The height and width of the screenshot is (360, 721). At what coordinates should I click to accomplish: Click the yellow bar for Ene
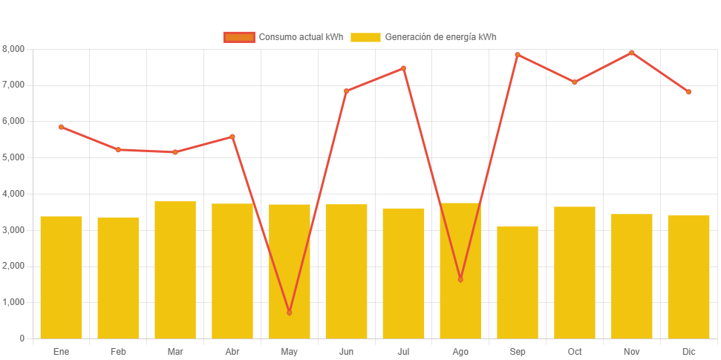pos(61,277)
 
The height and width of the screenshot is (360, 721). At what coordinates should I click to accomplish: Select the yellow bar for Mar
pos(175,269)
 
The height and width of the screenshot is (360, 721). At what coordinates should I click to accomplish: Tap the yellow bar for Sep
pos(518,282)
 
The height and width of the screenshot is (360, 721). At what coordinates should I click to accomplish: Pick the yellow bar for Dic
pos(688,276)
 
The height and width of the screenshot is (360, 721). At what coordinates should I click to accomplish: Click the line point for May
pos(289,312)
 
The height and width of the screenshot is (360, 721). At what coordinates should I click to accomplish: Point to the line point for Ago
pos(460,279)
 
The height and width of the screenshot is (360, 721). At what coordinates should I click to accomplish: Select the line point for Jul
pos(403,68)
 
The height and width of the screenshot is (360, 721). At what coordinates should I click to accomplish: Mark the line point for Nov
pos(632,53)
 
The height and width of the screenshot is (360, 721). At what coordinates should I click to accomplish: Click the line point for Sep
pos(518,55)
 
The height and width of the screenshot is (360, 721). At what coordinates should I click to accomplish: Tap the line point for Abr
pos(232,137)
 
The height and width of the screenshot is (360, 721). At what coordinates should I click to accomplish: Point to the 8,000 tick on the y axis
pos(13,48)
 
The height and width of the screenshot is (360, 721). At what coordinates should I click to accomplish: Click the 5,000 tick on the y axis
pos(13,157)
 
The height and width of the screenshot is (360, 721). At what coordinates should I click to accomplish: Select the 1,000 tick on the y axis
pos(13,302)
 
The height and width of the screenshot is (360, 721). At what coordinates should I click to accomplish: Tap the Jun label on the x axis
pos(346,351)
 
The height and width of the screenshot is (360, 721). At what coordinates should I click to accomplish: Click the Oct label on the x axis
pos(575,351)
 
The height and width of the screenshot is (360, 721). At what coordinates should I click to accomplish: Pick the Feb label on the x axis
pos(118,351)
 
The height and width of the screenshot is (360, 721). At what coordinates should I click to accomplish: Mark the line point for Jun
pos(346,91)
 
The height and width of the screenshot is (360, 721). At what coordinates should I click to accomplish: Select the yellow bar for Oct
pos(575,272)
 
